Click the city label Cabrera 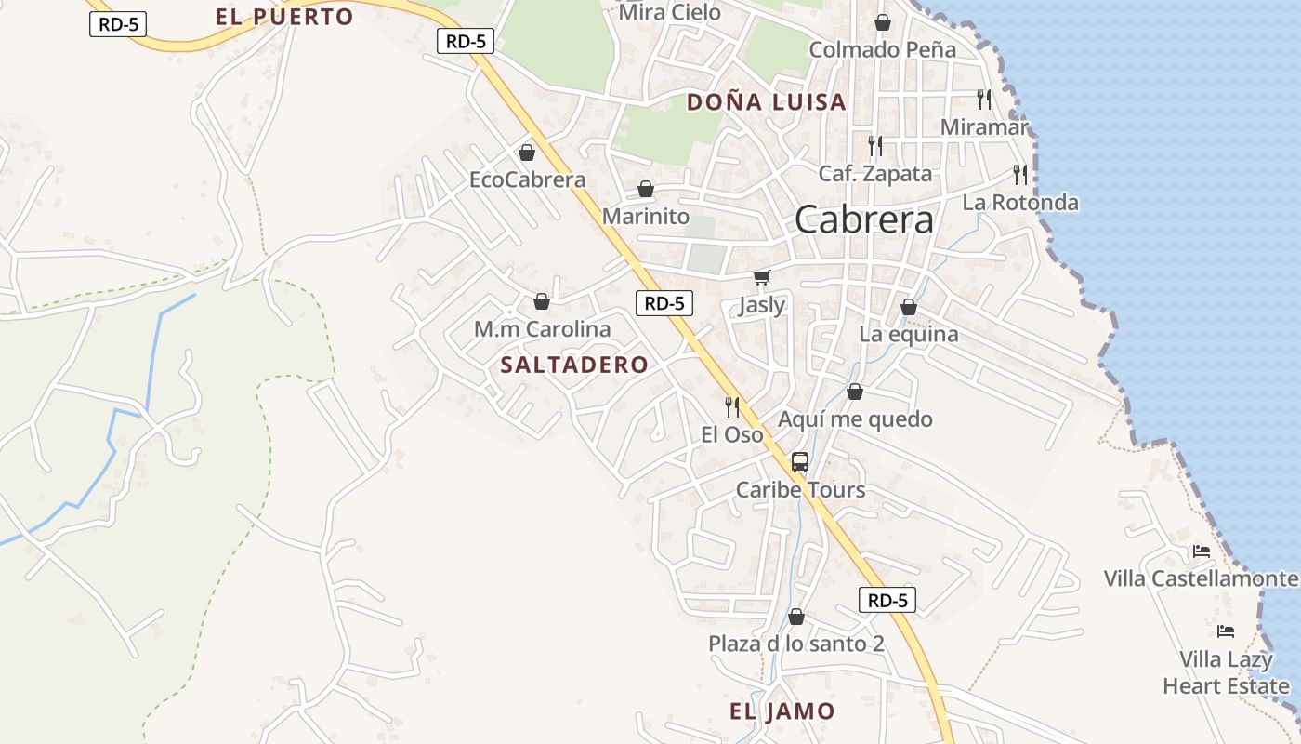click(x=864, y=220)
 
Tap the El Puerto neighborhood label click(x=284, y=17)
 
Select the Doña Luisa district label click(x=767, y=102)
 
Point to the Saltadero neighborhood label click(x=573, y=365)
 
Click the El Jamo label click(x=782, y=712)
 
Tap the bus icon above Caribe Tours click(x=799, y=461)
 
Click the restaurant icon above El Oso click(x=732, y=406)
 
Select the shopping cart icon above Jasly click(x=762, y=277)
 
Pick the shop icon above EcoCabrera click(x=527, y=153)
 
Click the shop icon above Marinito click(x=646, y=190)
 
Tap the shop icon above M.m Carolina click(x=542, y=301)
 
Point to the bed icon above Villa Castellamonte click(x=1202, y=551)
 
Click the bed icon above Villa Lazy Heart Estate click(x=1226, y=631)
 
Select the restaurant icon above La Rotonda click(x=1020, y=174)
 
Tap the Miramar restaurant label click(x=984, y=126)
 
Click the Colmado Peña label click(x=882, y=50)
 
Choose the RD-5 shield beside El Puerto click(x=118, y=24)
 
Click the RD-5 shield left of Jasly click(x=664, y=302)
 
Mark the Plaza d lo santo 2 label click(x=795, y=644)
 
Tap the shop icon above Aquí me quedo click(x=855, y=392)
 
